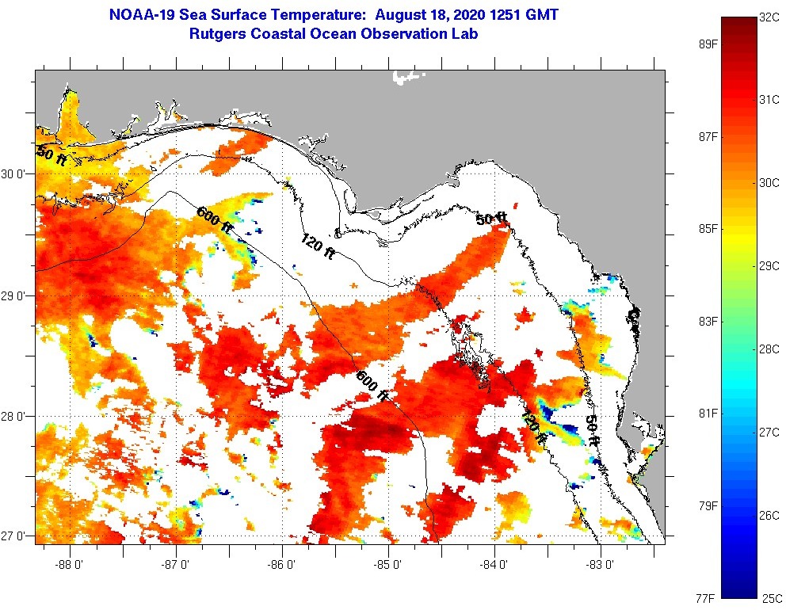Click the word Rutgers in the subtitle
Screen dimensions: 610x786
[218, 34]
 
